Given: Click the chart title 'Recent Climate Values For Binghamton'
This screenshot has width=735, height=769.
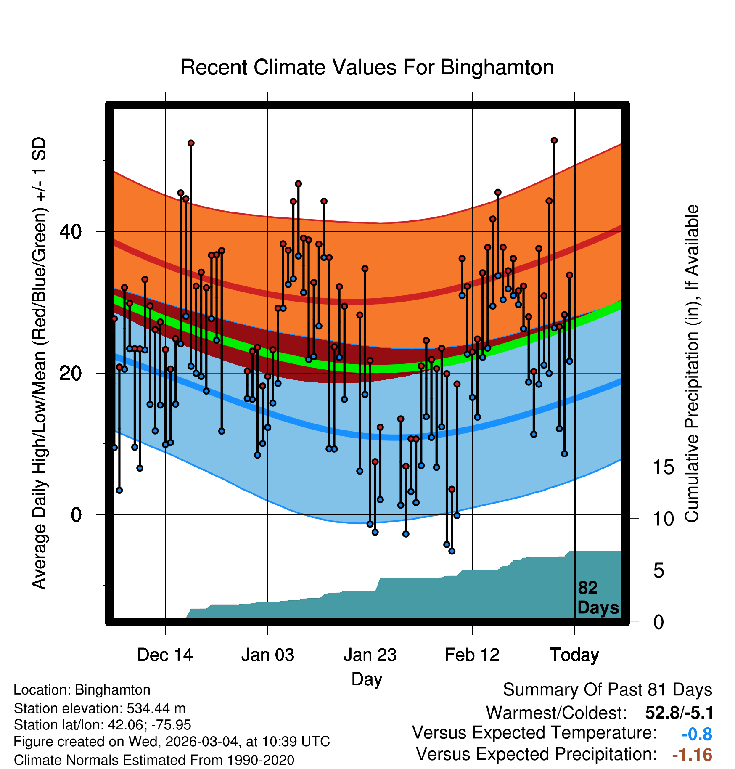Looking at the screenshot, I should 367,67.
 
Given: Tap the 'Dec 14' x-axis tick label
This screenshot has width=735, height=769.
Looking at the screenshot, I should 165,655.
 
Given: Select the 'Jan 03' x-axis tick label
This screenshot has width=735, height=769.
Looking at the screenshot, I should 267,655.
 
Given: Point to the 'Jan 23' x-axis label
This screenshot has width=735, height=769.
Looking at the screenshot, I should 370,655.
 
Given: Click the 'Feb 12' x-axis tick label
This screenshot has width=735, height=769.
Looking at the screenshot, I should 472,655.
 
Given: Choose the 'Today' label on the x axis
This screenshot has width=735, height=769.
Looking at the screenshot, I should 574,655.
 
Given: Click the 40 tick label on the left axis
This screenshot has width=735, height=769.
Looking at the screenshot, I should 70,231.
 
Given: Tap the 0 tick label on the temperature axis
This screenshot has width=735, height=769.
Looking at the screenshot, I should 76,514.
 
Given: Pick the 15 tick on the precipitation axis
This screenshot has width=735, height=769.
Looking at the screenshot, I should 664,467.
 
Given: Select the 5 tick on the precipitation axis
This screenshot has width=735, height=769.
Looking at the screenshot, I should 658,571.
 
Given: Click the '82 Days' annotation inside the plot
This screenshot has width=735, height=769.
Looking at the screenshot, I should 598,598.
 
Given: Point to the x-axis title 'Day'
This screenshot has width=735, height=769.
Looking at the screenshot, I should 367,679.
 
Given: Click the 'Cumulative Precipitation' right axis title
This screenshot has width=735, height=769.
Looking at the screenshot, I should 692,363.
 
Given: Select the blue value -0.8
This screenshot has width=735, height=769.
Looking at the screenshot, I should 697,734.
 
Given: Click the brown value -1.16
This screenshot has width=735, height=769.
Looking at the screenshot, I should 692,755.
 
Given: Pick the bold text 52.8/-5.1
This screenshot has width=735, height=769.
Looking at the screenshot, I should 679,713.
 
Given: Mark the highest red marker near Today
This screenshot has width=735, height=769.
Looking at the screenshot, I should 554,141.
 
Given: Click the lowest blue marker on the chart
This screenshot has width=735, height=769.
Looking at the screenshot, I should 452,551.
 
